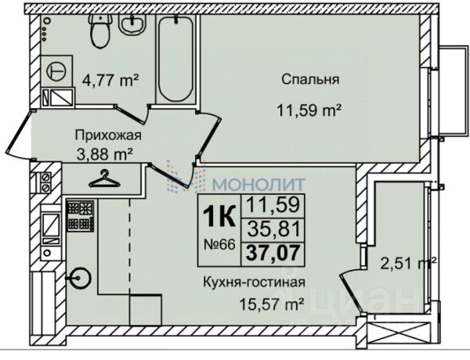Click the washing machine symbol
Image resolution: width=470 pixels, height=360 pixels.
56,69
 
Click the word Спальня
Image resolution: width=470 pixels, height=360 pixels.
311,79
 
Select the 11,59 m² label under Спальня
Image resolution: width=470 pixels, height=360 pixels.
312,110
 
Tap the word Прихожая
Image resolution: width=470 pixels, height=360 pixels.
102,134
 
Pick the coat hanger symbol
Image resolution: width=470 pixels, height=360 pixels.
103,180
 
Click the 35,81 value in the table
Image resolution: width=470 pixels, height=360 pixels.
269,231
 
